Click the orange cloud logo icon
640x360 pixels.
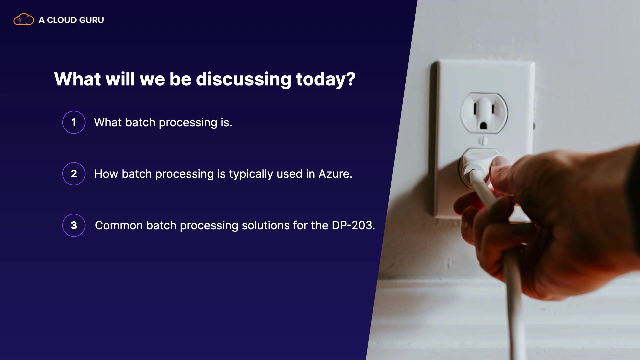tap(24, 19)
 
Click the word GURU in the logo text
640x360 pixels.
tap(92, 20)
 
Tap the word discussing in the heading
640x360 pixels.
tap(244, 80)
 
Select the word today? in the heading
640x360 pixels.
tap(326, 80)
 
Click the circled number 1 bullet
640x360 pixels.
tap(74, 122)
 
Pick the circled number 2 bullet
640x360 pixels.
tap(74, 174)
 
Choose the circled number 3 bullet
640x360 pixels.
tap(74, 225)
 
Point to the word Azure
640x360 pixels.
tap(335, 174)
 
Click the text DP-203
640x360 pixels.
tap(353, 226)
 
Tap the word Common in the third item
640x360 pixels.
tap(119, 226)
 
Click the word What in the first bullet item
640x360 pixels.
tap(108, 123)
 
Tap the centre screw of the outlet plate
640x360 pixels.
tap(483, 141)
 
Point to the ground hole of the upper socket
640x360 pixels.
tap(483, 126)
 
